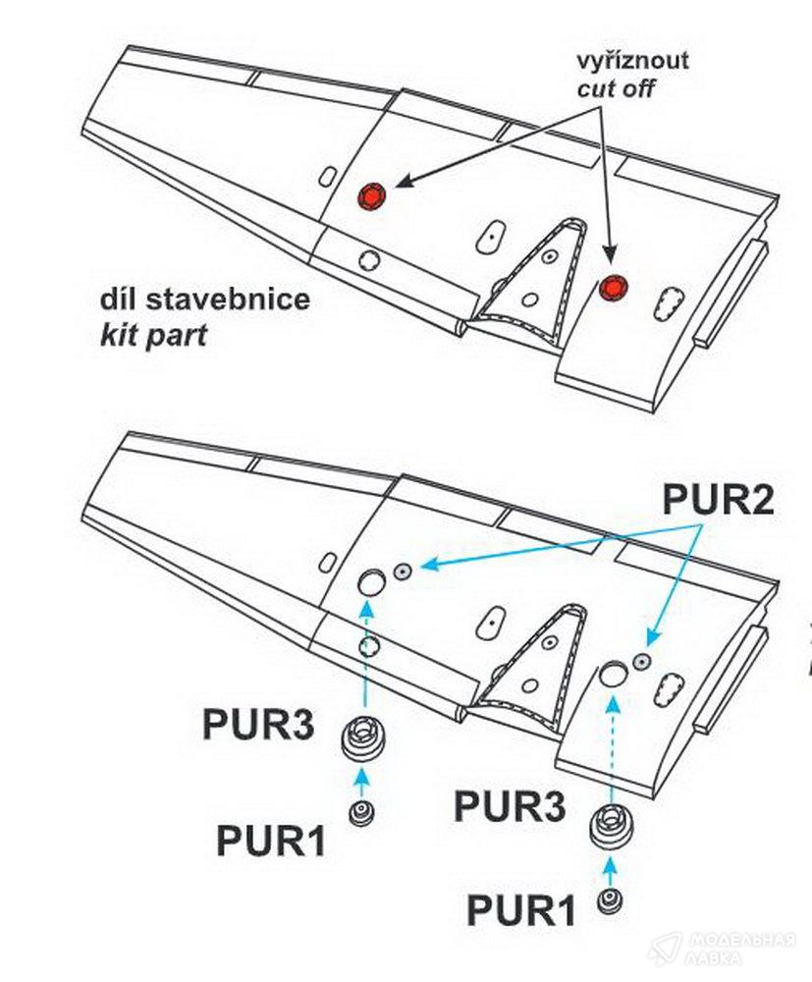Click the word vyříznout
click(632, 61)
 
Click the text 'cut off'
click(615, 89)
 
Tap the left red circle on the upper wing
click(371, 195)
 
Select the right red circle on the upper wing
click(614, 287)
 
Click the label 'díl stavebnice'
click(204, 299)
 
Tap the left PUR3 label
click(258, 726)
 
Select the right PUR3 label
click(510, 807)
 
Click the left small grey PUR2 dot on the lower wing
click(403, 571)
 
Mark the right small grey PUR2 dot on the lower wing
click(640, 660)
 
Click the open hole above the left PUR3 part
click(370, 582)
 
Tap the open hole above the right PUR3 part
click(613, 674)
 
